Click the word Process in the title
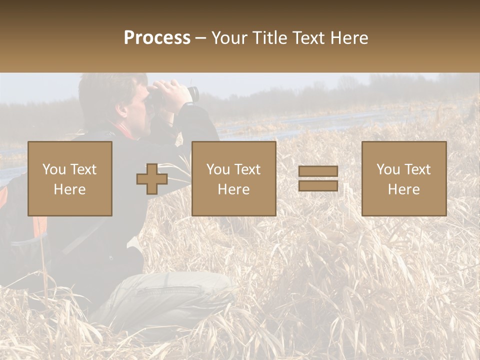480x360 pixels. pos(157,38)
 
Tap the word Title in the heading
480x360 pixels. pos(269,38)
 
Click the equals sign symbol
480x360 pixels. pos(318,178)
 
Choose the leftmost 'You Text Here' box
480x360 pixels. pos(70,178)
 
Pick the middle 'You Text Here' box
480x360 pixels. pos(233,178)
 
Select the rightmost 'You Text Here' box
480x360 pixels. pos(403,178)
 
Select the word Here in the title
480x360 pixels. pos(349,38)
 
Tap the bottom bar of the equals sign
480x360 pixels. pos(318,185)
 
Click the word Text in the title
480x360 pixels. pos(309,38)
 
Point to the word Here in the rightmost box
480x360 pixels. pos(403,189)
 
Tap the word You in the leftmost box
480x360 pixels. pos(53,169)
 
